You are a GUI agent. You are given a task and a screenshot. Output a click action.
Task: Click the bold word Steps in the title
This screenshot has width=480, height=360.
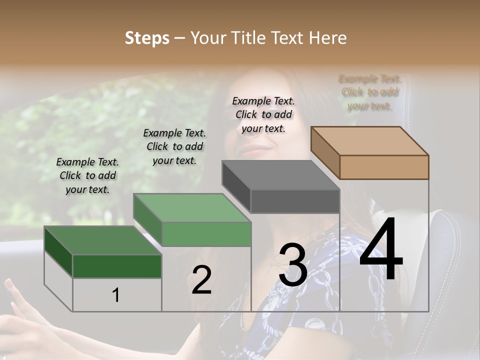[x=147, y=38]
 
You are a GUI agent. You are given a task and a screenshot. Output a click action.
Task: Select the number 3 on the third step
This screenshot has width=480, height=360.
[x=293, y=265]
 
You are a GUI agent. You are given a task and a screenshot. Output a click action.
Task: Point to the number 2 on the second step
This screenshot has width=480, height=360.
[x=201, y=280]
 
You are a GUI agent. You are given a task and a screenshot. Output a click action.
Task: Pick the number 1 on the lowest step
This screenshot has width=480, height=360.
[x=116, y=295]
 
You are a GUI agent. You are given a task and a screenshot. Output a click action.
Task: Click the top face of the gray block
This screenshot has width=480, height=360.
[x=280, y=175]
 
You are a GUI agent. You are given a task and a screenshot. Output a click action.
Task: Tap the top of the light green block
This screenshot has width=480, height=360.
[x=192, y=208]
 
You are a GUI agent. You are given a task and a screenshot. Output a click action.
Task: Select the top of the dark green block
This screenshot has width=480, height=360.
[x=103, y=240]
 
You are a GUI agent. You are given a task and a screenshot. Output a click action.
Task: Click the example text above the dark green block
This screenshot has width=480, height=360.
[x=88, y=175]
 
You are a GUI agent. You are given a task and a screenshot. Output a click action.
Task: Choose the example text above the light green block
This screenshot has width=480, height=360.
[x=174, y=146]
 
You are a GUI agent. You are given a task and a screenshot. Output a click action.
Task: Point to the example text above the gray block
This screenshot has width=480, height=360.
[x=263, y=114]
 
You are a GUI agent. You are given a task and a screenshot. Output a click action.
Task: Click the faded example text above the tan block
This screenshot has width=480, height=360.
[x=369, y=92]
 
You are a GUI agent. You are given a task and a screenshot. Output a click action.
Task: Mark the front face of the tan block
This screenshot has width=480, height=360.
[x=384, y=167]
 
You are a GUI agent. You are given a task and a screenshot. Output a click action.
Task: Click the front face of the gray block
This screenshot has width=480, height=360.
[x=295, y=201]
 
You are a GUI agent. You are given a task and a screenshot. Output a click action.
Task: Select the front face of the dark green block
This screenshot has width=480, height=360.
[x=117, y=266]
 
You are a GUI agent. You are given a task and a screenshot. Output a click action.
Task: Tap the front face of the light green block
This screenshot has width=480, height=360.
[x=206, y=234]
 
